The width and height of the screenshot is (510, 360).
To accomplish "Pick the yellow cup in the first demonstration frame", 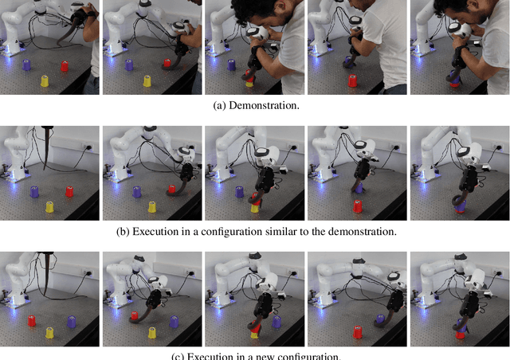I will pos(45,80).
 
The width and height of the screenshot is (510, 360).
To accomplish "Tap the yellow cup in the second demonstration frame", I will pos(147,80).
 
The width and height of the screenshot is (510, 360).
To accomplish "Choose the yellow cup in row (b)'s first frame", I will pos(49,206).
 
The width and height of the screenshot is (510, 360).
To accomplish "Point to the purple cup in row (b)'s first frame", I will pos(34,191).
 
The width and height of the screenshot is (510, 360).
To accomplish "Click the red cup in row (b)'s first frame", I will pos(69,191).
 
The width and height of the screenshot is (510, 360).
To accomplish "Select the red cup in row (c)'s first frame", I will pos(33,321).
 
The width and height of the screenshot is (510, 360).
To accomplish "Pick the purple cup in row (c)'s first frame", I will pos(73,320).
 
